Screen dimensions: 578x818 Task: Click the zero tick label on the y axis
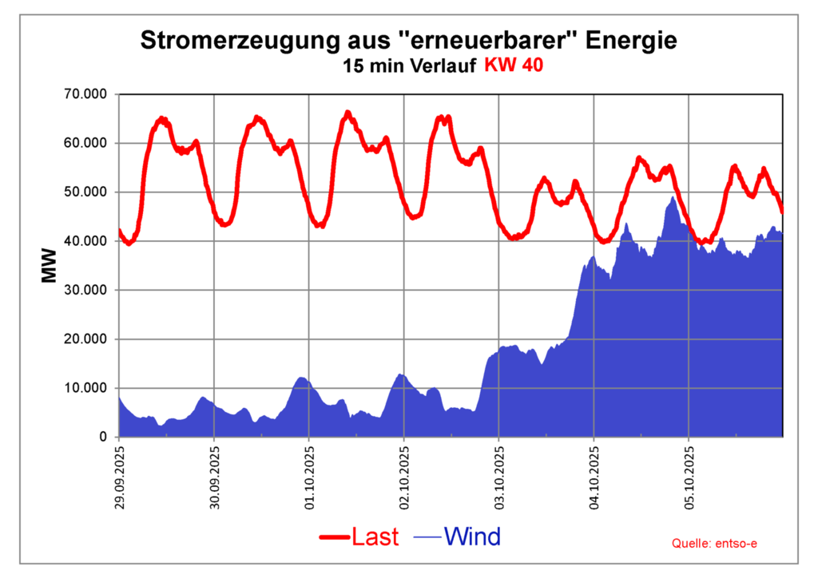(x=101, y=437)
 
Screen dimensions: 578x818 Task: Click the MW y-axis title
(x=50, y=267)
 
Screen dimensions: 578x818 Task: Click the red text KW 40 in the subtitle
(x=513, y=65)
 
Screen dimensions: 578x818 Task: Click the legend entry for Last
(x=359, y=536)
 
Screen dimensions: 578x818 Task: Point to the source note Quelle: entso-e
(x=715, y=543)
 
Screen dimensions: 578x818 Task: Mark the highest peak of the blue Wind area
(x=673, y=198)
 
